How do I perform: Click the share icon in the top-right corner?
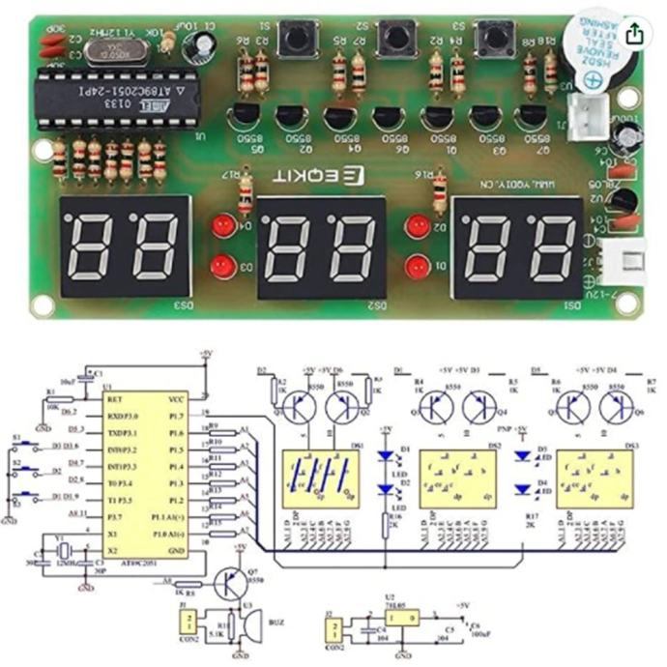coord(634,33)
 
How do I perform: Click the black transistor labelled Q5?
coord(245,120)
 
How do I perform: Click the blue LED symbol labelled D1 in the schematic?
coord(387,451)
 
